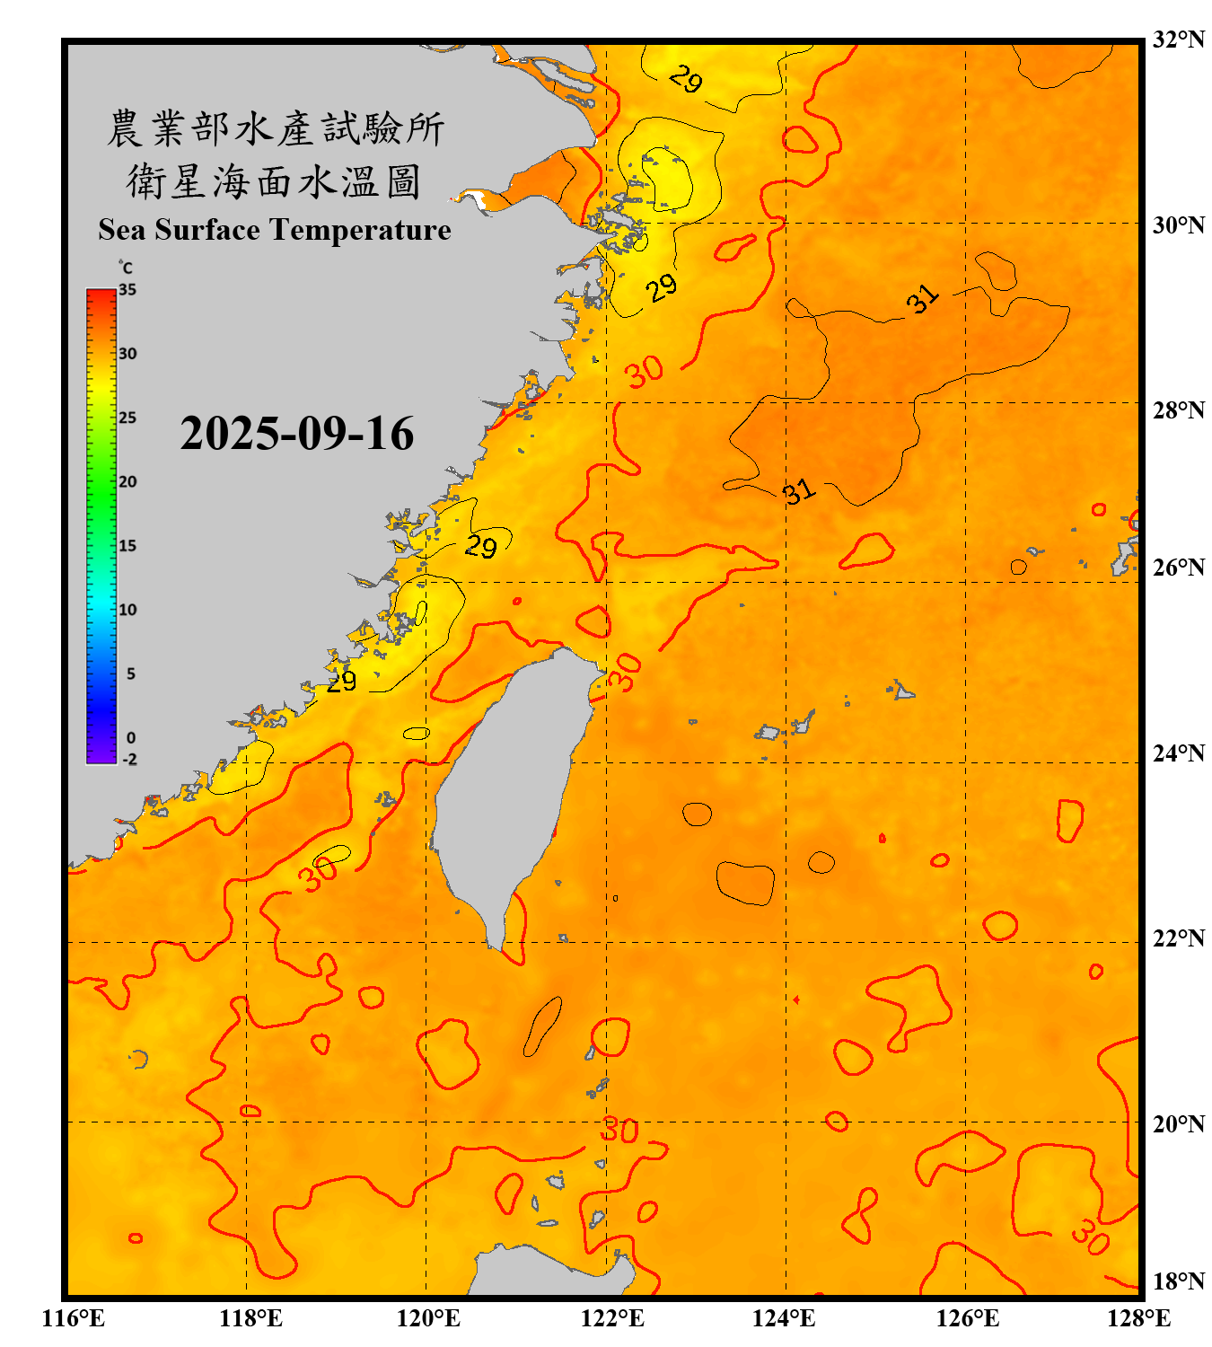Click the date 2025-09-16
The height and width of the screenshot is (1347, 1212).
[296, 434]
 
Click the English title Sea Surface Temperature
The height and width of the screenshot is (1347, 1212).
[275, 230]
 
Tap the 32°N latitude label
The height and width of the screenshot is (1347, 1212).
[1178, 40]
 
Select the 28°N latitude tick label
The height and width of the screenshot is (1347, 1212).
[1178, 409]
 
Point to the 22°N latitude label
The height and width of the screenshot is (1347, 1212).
[1178, 938]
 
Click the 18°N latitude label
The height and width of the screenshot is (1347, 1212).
[1178, 1281]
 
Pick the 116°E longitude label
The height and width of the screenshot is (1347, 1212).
[74, 1318]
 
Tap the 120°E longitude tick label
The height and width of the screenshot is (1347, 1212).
[428, 1318]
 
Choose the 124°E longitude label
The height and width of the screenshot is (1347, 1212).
[784, 1318]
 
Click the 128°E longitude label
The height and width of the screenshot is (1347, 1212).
[1138, 1318]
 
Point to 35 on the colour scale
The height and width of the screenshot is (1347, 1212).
[127, 290]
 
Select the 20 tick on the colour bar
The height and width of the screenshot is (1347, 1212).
[127, 482]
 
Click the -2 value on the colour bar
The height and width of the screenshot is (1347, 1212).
[129, 760]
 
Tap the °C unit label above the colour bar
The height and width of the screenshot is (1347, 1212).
[125, 268]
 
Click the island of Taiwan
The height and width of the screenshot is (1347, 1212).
[507, 790]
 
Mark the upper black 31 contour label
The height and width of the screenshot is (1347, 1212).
[922, 299]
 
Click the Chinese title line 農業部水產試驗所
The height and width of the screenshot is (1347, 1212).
[276, 128]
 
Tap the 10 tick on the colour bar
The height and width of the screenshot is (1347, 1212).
[127, 610]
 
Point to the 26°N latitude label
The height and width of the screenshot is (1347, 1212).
[1178, 568]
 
